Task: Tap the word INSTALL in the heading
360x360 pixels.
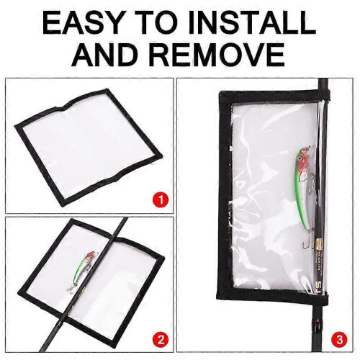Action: click(251, 23)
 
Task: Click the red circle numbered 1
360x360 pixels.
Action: click(161, 200)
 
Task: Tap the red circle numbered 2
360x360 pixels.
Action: click(161, 340)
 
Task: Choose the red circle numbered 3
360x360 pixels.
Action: click(339, 340)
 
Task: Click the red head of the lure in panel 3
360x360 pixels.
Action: click(303, 158)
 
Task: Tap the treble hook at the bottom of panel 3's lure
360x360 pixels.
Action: click(310, 241)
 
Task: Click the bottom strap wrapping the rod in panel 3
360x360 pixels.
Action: click(321, 300)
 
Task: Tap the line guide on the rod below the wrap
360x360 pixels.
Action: click(318, 325)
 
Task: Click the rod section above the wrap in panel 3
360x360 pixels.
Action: click(323, 84)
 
